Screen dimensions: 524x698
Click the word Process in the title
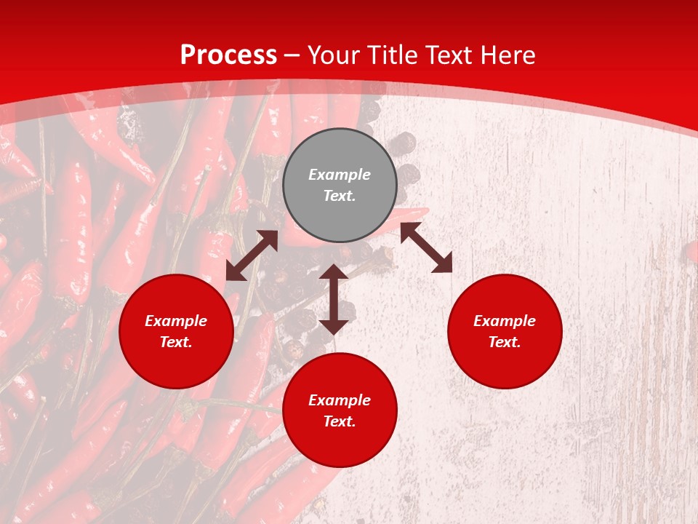click(228, 55)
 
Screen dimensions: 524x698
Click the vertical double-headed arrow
click(334, 299)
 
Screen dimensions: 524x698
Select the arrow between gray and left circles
click(252, 255)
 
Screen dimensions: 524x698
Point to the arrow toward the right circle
click(426, 247)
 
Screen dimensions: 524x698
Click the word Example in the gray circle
click(340, 175)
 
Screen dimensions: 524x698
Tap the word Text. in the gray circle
click(340, 196)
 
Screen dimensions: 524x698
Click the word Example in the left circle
click(176, 321)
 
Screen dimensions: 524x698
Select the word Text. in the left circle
click(176, 342)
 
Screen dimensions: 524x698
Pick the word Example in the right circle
click(505, 321)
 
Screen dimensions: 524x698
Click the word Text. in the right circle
click(505, 342)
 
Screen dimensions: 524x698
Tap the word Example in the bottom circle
click(340, 400)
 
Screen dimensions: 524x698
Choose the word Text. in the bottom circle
click(340, 421)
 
